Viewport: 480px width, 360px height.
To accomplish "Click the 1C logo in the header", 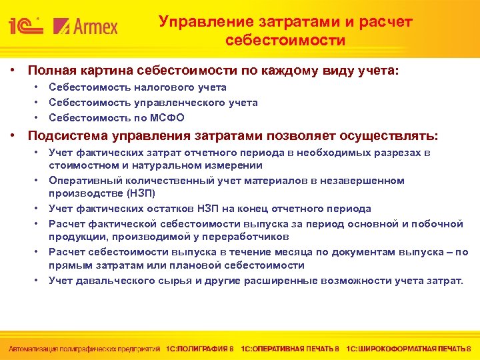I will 27,27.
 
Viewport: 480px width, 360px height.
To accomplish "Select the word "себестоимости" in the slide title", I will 285,41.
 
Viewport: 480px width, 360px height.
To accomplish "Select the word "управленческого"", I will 171,103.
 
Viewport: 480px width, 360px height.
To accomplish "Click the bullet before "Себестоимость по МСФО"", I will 37,118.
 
